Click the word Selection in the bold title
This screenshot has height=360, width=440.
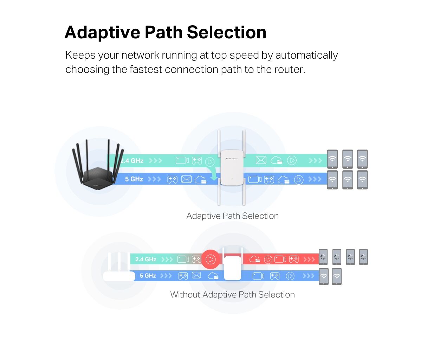[x=226, y=32]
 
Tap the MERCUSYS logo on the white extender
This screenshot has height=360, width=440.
[x=232, y=159]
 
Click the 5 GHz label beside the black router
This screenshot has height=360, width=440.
[x=134, y=179]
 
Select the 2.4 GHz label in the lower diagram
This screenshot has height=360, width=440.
[x=145, y=259]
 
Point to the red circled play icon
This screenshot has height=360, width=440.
[x=211, y=259]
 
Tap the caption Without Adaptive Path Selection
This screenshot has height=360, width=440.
[x=232, y=295]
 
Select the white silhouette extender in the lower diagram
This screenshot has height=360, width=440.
[x=233, y=268]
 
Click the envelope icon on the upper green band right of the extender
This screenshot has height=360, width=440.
[x=261, y=160]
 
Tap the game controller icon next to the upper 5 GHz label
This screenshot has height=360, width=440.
[x=172, y=179]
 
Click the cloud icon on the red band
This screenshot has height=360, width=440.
[x=255, y=259]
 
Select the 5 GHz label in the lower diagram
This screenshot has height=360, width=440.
[x=148, y=276]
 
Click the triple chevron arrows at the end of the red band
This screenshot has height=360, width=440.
[x=309, y=259]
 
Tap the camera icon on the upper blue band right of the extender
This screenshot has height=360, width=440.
[x=255, y=179]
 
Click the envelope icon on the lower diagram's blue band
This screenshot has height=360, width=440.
[x=196, y=276]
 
